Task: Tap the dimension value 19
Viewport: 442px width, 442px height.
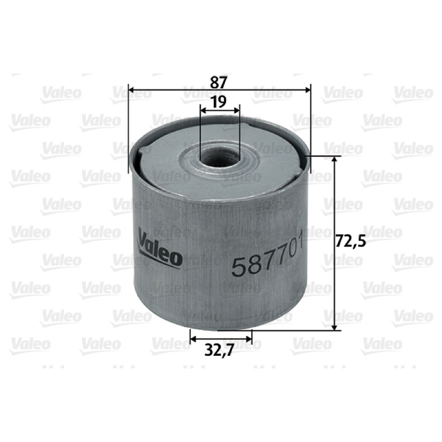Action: click(x=219, y=102)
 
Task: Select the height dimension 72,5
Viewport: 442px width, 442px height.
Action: click(x=351, y=241)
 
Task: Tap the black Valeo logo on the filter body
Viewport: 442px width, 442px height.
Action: click(x=160, y=248)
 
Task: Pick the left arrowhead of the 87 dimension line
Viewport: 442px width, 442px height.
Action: click(x=132, y=90)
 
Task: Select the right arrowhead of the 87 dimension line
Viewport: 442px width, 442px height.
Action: click(x=307, y=90)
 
